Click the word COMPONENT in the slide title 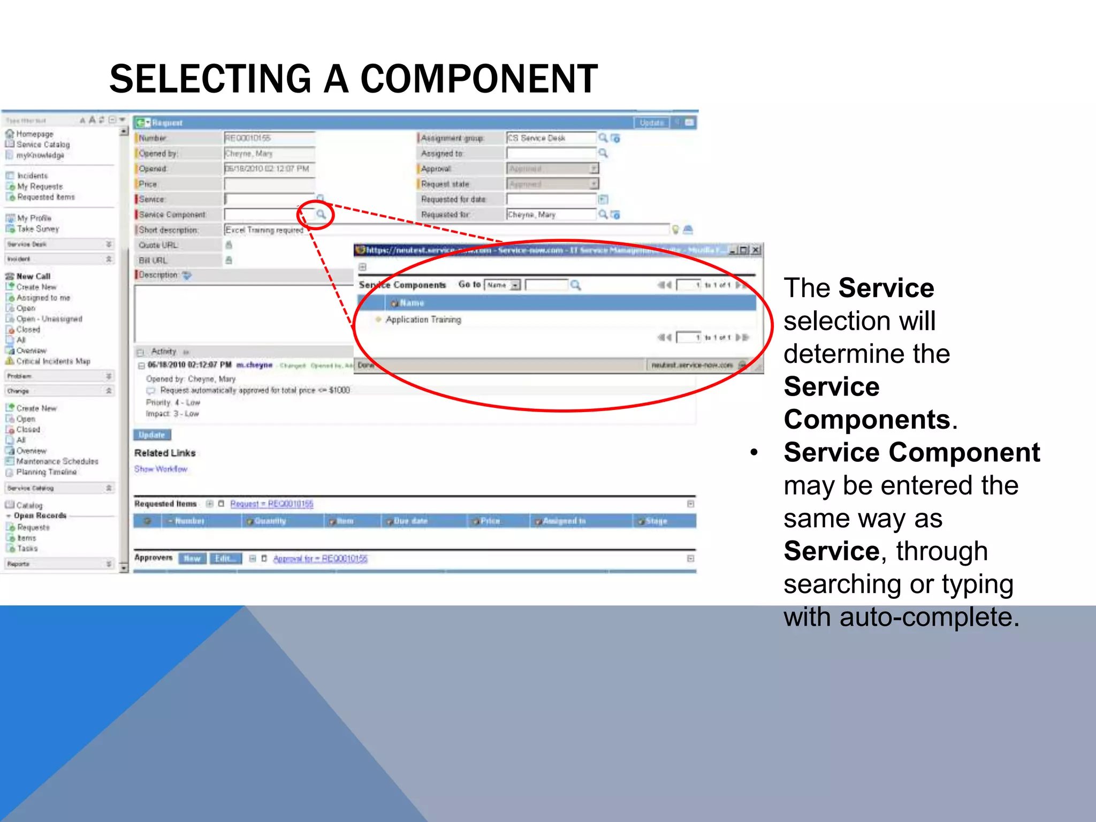coord(479,79)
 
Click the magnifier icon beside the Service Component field coord(321,215)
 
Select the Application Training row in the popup coord(423,319)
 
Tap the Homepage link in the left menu coord(34,134)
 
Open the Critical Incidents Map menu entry coord(53,361)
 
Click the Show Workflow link coord(161,469)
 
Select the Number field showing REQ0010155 coord(269,138)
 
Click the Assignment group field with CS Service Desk coord(550,138)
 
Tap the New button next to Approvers coord(192,559)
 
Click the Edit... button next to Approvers coord(225,559)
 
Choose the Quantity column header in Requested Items coord(270,521)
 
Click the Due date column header coord(410,521)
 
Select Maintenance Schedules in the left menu coord(57,461)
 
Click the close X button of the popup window coord(756,250)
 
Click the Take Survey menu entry coord(37,229)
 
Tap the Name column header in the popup coord(412,303)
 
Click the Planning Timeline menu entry coord(46,472)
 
